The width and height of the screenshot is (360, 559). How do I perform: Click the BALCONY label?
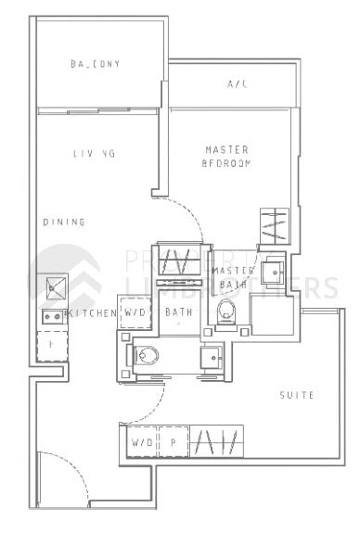point(96,64)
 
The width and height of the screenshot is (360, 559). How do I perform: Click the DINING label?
point(64,222)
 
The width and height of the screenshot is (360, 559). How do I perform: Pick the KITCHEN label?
point(92,313)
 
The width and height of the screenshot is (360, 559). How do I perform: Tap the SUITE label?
point(297,395)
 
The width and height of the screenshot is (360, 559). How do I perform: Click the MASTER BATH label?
point(232,277)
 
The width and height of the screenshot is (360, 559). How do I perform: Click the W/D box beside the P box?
point(141,442)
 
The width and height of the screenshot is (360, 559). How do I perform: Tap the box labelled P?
point(173,442)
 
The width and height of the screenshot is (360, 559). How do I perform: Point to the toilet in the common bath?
point(147,353)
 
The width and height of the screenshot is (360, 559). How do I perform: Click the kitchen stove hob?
point(52,316)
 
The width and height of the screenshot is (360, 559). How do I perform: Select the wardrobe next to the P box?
point(216,441)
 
